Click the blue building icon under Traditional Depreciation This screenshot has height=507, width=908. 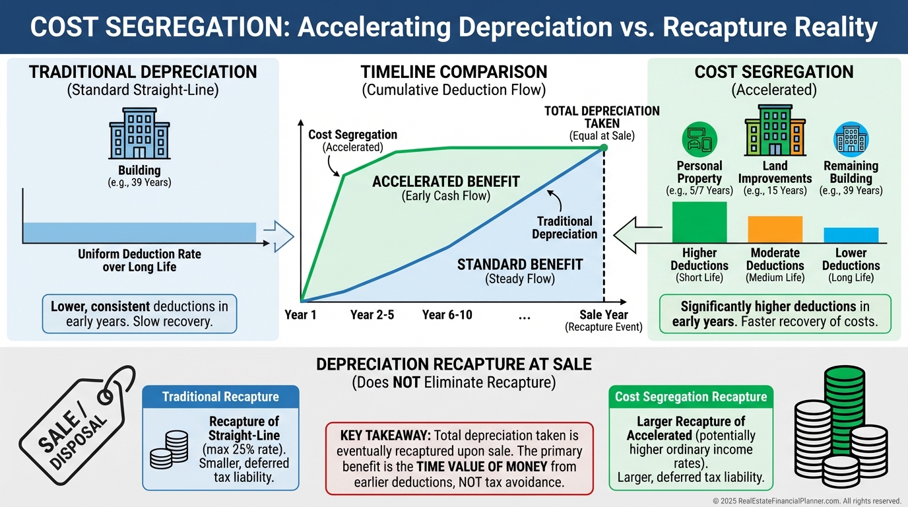tap(139, 134)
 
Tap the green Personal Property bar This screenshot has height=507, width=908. tap(699, 222)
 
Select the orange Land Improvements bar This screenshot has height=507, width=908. tap(775, 229)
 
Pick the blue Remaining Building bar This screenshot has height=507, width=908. tap(851, 235)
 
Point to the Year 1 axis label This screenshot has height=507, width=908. tap(300, 315)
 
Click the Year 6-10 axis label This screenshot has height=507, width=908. tap(447, 315)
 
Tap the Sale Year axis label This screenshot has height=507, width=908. tap(603, 315)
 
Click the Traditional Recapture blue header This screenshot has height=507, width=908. tap(220, 397)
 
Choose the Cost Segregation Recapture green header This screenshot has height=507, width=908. tap(691, 397)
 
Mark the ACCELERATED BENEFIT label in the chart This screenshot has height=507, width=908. tap(446, 182)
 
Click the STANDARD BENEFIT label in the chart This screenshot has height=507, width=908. tap(520, 265)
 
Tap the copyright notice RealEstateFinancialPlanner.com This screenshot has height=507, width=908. tap(807, 501)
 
